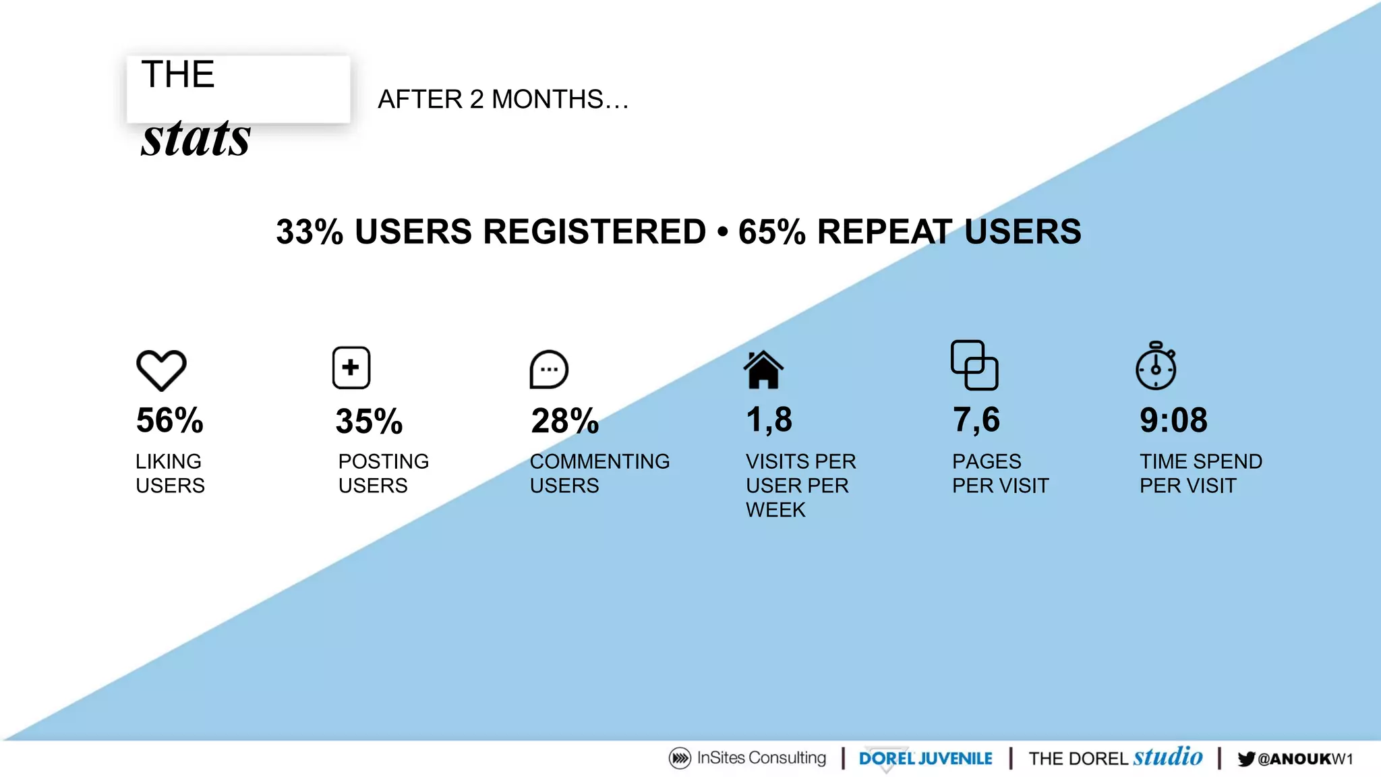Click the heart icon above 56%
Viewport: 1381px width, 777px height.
161,370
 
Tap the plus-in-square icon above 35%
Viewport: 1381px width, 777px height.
351,368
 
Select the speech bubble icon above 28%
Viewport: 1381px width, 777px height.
549,370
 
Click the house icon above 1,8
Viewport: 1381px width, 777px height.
763,370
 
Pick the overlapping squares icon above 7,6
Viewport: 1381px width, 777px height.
974,365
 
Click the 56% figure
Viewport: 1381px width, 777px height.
169,420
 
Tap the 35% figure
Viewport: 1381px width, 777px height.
369,422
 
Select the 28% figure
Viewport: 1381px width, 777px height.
565,421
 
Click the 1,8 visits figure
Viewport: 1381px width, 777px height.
769,420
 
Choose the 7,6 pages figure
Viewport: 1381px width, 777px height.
976,420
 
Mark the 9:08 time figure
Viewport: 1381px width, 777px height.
1173,420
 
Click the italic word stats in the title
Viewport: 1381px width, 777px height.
196,138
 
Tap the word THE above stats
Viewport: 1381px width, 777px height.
178,74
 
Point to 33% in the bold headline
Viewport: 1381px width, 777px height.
310,232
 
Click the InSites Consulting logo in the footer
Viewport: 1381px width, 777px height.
747,758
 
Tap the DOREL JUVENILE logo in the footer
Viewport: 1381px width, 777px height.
925,759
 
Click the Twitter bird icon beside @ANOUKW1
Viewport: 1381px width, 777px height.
1246,759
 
